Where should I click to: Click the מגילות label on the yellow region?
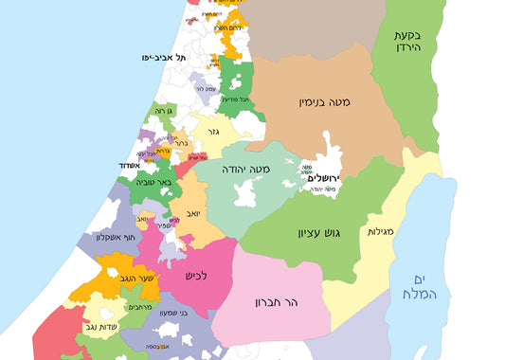[x=381, y=231]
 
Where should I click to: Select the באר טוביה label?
[x=150, y=182]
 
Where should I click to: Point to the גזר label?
[x=213, y=132]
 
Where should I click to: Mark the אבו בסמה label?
[x=158, y=347]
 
